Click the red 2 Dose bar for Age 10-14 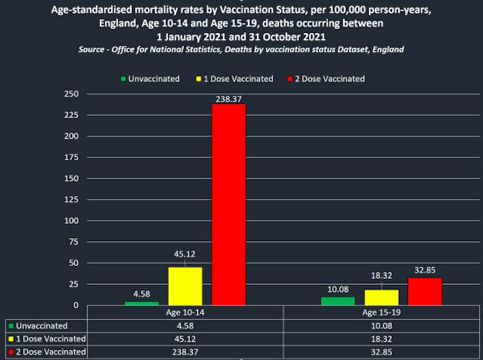tap(228, 205)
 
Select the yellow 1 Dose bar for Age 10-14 tap(185, 286)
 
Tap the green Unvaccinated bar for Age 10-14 tap(141, 303)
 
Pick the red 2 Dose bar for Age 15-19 tap(425, 291)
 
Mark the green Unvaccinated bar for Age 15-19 tap(337, 301)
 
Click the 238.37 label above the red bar tap(228, 98)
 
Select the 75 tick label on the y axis tap(72, 242)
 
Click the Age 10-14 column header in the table tap(185, 313)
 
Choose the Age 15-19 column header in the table tap(381, 313)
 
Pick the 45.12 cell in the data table tap(185, 339)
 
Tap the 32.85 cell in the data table tap(381, 352)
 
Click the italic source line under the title tap(241, 49)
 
